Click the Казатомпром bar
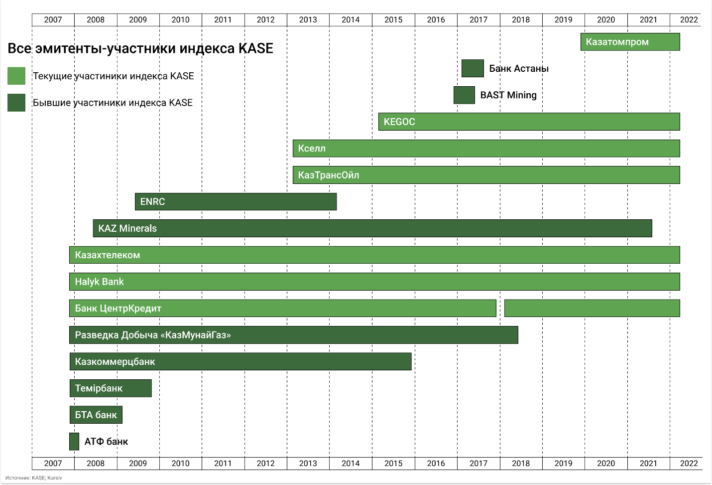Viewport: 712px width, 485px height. (x=630, y=42)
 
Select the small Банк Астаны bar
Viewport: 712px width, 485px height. (x=473, y=68)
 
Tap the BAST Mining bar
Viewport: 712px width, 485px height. (x=464, y=95)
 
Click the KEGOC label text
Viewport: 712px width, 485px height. (x=399, y=122)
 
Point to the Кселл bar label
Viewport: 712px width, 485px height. (x=312, y=149)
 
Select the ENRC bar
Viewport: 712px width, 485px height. (x=236, y=202)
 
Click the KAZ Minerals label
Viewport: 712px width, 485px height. (x=127, y=229)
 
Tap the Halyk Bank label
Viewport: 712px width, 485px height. (x=99, y=282)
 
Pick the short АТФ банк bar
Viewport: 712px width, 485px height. (x=74, y=442)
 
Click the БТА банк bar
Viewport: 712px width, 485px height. (x=96, y=415)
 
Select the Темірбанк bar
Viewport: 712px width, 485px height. (x=111, y=388)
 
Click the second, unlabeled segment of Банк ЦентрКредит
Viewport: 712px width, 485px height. (x=592, y=309)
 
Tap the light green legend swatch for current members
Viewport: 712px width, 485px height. (x=16, y=76)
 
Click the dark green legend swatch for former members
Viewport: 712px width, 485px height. (x=16, y=103)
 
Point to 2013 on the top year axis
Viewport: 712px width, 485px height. (x=308, y=20)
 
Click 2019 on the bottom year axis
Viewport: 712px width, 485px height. (x=563, y=464)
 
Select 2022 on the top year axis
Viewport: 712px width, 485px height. (x=689, y=20)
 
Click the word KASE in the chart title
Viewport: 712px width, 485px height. (x=256, y=48)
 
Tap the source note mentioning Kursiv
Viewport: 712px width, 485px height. (x=34, y=478)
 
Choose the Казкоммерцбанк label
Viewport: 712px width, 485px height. (x=115, y=362)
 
